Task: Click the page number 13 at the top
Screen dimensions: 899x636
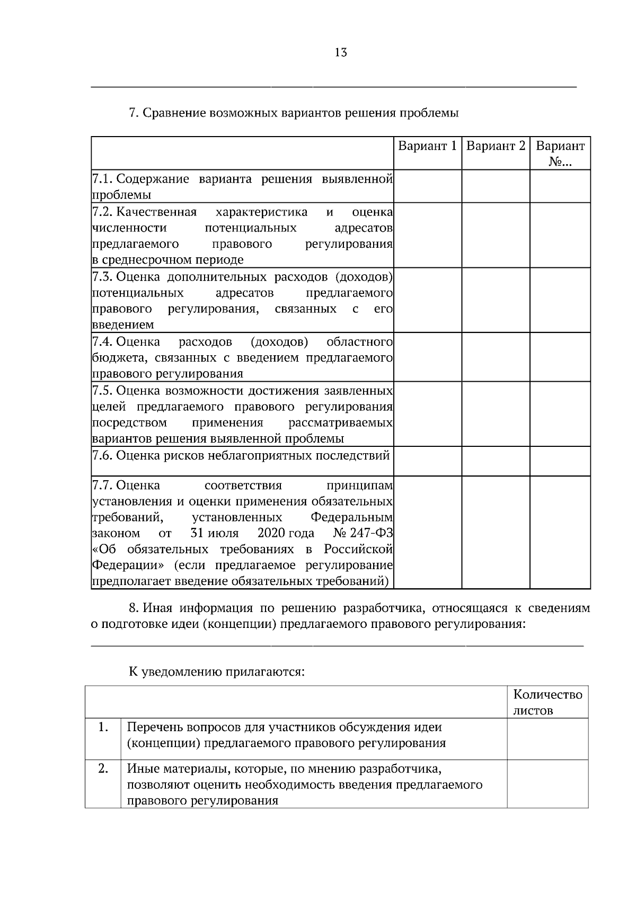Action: [341, 52]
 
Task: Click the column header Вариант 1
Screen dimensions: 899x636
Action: [427, 146]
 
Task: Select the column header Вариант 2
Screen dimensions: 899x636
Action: [496, 146]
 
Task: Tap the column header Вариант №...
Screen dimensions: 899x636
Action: [560, 154]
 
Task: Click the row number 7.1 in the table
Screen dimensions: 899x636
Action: [103, 178]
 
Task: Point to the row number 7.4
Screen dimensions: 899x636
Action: [103, 341]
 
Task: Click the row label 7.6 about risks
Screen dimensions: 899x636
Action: [241, 455]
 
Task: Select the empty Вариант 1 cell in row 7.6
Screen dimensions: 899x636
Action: [427, 461]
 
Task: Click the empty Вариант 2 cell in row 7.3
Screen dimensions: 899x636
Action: [496, 300]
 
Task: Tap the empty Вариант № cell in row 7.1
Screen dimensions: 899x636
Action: [560, 186]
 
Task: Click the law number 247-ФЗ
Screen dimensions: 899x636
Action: [372, 533]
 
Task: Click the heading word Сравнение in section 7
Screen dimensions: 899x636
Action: [175, 113]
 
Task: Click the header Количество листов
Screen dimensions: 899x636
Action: [547, 702]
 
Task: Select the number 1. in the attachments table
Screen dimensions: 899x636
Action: [103, 727]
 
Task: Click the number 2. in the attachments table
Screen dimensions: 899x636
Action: [103, 768]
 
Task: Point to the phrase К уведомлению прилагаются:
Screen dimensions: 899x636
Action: [217, 672]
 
